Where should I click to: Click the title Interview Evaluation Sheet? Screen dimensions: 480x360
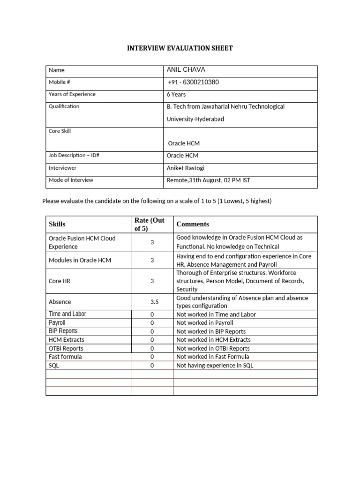pyautogui.click(x=180, y=48)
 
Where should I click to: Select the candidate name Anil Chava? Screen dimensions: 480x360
pyautogui.click(x=186, y=70)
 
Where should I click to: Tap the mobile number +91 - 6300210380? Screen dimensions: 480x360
pyautogui.click(x=193, y=82)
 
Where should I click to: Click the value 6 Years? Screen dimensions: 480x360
pyautogui.click(x=176, y=94)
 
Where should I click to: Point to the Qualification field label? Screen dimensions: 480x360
pyautogui.click(x=64, y=106)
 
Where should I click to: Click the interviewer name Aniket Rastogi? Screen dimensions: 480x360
pyautogui.click(x=186, y=167)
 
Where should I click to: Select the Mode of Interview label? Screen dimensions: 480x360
pyautogui.click(x=71, y=180)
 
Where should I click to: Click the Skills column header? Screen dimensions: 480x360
pyautogui.click(x=57, y=225)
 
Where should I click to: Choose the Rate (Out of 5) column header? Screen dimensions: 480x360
pyautogui.click(x=150, y=225)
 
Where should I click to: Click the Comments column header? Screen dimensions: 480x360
pyautogui.click(x=193, y=225)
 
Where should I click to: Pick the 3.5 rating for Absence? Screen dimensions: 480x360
pyautogui.click(x=152, y=302)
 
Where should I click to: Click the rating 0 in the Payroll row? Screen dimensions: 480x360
pyautogui.click(x=152, y=323)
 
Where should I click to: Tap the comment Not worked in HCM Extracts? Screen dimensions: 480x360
pyautogui.click(x=213, y=340)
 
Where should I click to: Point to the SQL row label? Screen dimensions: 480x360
pyautogui.click(x=54, y=366)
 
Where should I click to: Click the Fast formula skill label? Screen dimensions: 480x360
pyautogui.click(x=65, y=357)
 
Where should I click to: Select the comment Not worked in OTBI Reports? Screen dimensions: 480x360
pyautogui.click(x=213, y=348)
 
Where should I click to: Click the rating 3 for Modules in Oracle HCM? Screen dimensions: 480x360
pyautogui.click(x=152, y=260)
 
